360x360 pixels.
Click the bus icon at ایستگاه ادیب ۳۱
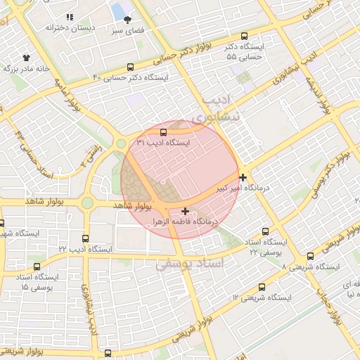tap(164, 131)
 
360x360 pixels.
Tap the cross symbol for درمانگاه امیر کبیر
tap(243, 177)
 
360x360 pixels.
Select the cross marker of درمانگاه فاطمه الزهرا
tap(185, 210)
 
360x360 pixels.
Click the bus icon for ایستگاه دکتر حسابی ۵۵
tap(245, 36)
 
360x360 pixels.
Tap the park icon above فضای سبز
tap(127, 20)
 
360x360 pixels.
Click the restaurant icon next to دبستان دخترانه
tap(69, 16)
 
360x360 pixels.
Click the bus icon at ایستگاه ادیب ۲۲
tap(86, 238)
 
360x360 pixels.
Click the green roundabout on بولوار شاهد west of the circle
tap(87, 203)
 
